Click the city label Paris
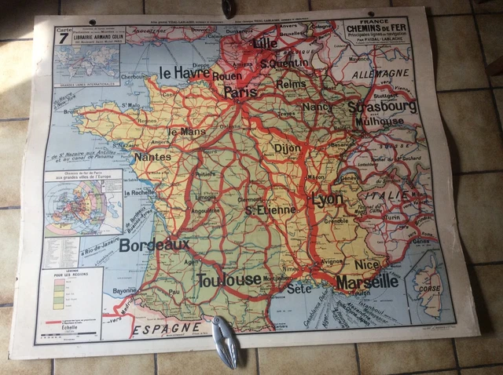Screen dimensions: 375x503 [240, 92]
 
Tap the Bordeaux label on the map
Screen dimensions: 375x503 [154, 246]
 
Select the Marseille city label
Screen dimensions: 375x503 [366, 281]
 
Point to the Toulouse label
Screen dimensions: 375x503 [230, 279]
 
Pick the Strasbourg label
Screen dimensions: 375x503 [384, 106]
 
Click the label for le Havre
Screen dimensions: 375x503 [185, 73]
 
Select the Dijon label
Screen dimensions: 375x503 [287, 147]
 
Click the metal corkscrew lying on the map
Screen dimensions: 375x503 [226, 341]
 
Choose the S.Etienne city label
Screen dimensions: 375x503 [270, 209]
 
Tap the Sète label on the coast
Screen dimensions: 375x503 [299, 289]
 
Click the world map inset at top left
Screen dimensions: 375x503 [87, 62]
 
